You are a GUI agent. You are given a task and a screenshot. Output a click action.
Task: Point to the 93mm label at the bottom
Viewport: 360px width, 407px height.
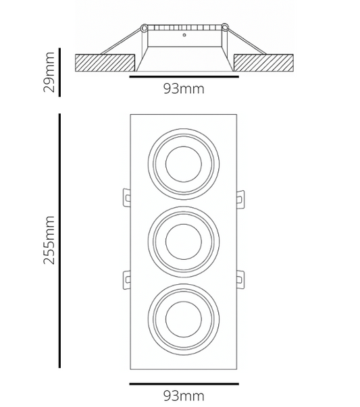pos(183,396)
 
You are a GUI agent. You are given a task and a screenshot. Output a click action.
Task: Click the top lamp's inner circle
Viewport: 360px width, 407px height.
pos(183,163)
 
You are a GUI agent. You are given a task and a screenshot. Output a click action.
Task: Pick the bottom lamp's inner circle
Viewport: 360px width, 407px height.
pos(183,315)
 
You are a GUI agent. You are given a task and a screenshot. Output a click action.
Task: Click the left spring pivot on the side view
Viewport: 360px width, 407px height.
pos(143,28)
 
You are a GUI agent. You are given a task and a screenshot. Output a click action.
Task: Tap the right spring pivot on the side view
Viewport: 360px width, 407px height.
pos(224,28)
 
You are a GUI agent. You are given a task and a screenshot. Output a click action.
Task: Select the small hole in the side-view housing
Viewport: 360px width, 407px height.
pos(184,34)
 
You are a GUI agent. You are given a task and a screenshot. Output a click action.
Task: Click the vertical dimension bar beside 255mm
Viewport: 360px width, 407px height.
pos(60,240)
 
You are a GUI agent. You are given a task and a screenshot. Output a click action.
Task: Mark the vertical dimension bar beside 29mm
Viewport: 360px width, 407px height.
pos(60,72)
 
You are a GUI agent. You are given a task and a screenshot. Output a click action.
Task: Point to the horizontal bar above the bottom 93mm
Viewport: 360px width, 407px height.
pos(183,384)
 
